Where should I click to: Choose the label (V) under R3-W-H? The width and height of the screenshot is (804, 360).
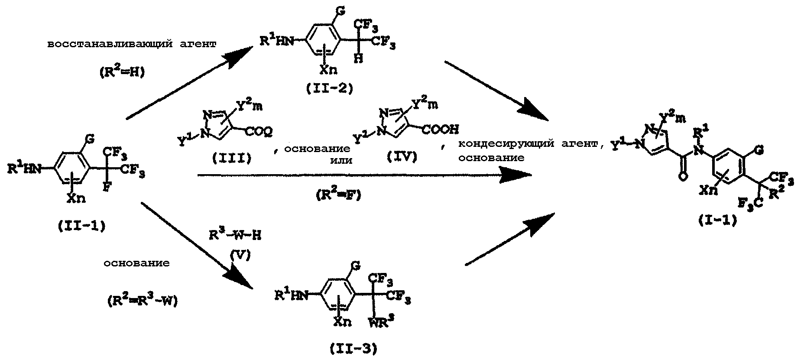pos(238,256)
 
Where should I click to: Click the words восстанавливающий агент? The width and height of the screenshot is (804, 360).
pos(132,45)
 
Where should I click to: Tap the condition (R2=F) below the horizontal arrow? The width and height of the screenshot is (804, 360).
pos(337,194)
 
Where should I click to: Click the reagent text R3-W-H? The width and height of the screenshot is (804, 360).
pos(234,235)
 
